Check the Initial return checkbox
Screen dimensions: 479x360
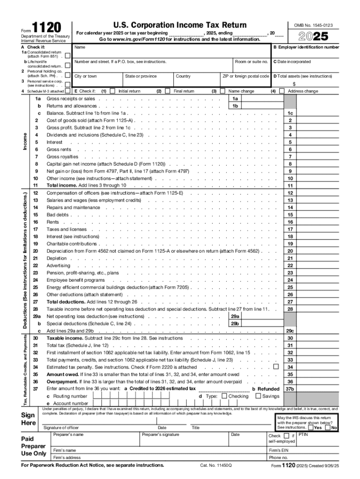click(112, 91)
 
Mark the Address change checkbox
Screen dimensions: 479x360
click(281, 91)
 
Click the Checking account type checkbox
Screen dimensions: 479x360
click(224, 396)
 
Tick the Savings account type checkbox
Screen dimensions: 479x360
click(258, 396)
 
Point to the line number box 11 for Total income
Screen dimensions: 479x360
click(290, 186)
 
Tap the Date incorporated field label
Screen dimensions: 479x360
click(294, 62)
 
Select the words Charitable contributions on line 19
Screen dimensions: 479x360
click(65, 244)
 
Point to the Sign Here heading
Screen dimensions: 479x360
click(29, 419)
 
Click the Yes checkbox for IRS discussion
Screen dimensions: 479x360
click(311, 427)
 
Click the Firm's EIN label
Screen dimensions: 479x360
click(281, 450)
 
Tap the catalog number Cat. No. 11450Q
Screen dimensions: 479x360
click(216, 466)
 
